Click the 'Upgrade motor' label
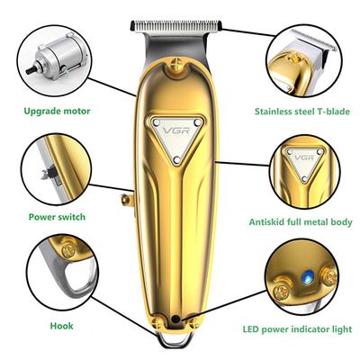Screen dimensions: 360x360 [x=56, y=112]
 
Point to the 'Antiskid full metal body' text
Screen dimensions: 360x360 [x=302, y=221]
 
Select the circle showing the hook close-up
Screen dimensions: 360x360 [x=56, y=274]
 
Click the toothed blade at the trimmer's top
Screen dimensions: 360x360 [x=177, y=23]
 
